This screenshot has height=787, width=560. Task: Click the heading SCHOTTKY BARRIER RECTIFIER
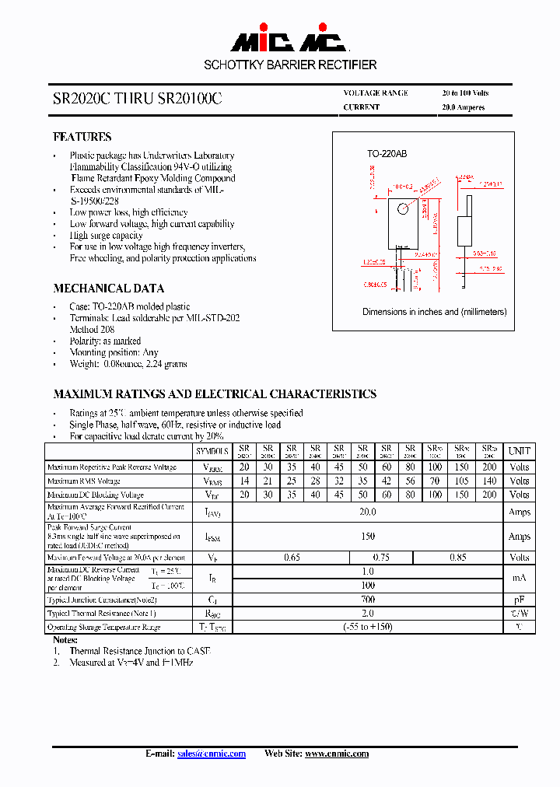click(290, 65)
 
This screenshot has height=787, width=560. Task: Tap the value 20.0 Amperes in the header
click(463, 107)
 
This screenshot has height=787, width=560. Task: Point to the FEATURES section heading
click(82, 137)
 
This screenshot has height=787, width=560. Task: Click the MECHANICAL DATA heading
click(108, 288)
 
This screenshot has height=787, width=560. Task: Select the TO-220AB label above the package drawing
click(387, 154)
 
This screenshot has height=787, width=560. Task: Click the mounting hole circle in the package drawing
click(402, 209)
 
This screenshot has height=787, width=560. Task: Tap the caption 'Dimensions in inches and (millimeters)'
click(434, 312)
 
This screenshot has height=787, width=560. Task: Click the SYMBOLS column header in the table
click(212, 451)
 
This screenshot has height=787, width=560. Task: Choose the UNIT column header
click(519, 451)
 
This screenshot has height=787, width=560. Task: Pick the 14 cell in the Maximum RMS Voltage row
click(244, 481)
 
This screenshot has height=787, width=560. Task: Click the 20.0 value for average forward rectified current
click(368, 512)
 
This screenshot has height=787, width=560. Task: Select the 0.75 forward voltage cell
click(380, 557)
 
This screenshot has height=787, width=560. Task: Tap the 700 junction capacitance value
click(368, 600)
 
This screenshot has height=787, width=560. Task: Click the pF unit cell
click(519, 600)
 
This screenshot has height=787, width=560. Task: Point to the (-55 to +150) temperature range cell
click(368, 627)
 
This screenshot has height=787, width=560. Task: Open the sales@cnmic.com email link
click(212, 754)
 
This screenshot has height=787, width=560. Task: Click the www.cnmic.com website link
click(337, 754)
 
